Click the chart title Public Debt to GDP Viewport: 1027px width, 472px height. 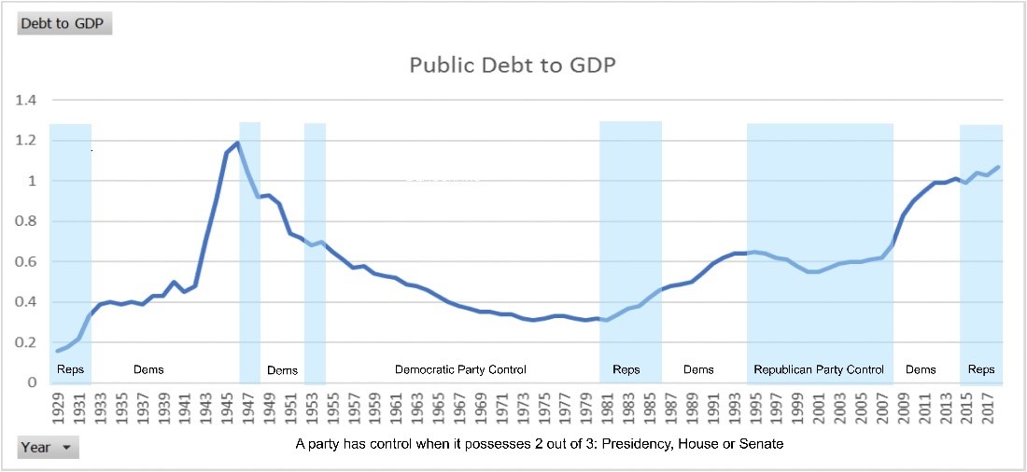[x=513, y=65]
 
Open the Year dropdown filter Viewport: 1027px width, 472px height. [x=49, y=448]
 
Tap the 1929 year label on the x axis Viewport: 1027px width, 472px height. [x=58, y=408]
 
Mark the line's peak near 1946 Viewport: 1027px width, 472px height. [x=237, y=143]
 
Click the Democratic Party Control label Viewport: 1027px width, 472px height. [x=460, y=369]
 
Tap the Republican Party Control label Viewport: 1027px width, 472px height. [x=819, y=369]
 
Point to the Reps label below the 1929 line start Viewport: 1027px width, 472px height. [x=70, y=369]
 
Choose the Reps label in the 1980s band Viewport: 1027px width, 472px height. [x=626, y=369]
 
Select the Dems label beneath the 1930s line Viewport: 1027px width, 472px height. [x=148, y=369]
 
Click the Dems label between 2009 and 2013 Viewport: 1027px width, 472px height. [x=921, y=369]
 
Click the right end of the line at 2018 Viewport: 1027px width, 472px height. [x=998, y=167]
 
